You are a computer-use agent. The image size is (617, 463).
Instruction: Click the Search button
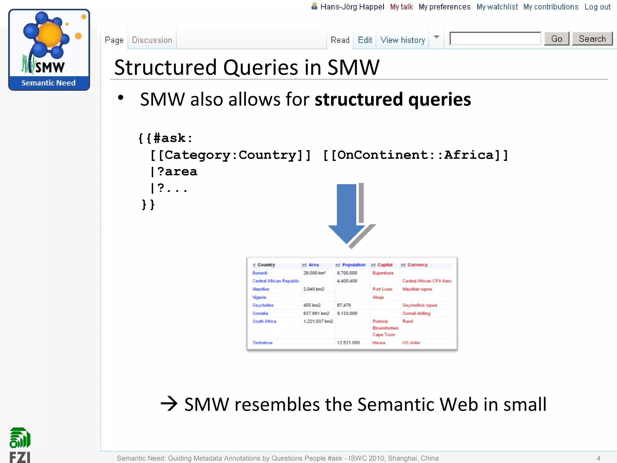point(592,39)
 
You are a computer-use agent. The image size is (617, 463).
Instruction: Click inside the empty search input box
point(495,39)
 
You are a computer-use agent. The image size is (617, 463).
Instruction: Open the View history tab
point(402,40)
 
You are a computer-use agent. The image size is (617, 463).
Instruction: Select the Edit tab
point(365,40)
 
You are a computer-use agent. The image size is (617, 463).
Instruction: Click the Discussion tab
point(152,40)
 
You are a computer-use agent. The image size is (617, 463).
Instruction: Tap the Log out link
point(597,7)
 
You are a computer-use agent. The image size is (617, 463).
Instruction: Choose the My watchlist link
point(497,7)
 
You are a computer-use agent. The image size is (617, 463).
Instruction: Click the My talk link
point(401,7)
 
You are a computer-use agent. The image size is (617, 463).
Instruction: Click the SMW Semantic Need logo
point(49,50)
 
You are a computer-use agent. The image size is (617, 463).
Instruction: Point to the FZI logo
point(20,445)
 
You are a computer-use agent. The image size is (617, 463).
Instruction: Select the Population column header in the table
point(353,265)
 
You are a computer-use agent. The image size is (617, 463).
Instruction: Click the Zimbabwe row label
point(262,343)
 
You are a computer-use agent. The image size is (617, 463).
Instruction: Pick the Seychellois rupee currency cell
point(420,305)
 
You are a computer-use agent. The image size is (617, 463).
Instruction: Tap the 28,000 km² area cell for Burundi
point(314,273)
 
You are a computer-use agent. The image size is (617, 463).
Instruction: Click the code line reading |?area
point(174,172)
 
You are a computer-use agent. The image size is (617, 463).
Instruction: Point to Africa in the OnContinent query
point(469,155)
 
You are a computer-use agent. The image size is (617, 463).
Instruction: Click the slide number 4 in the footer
point(598,458)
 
